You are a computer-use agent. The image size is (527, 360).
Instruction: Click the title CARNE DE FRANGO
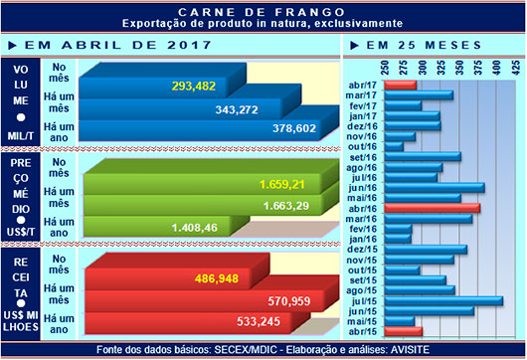[263, 8]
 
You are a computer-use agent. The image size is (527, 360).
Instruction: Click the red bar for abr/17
[400, 84]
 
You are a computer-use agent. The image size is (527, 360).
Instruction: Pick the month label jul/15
[363, 299]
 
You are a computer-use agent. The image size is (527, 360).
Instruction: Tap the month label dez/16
[363, 125]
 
